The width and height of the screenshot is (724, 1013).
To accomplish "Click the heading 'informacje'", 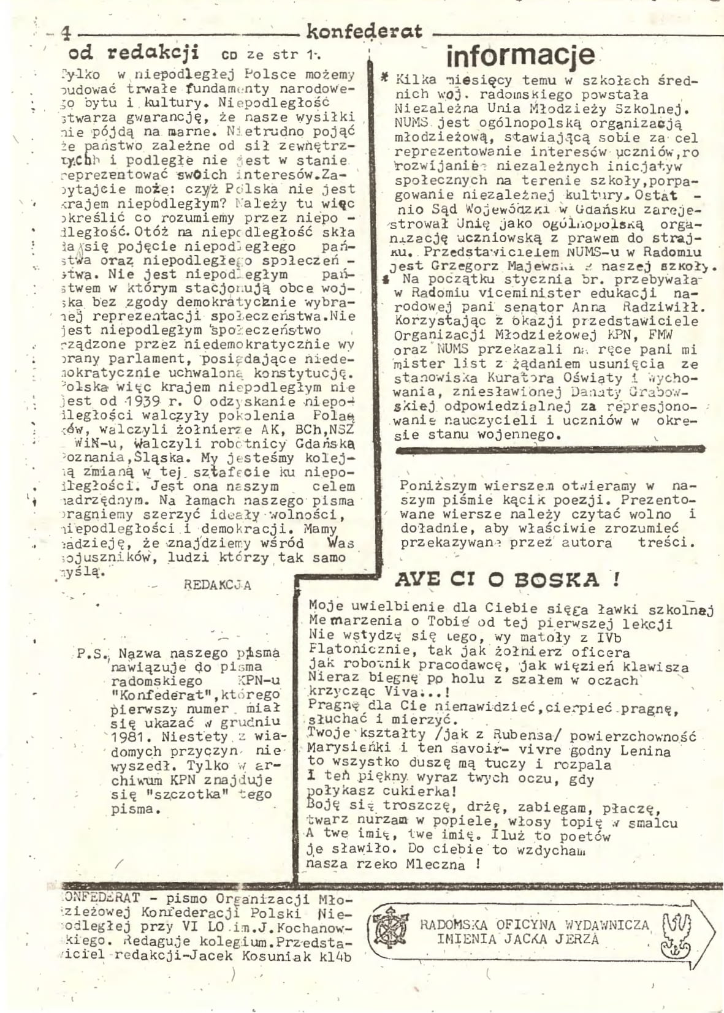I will tap(520, 56).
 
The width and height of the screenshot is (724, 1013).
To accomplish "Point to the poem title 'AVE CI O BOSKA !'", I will tap(506, 580).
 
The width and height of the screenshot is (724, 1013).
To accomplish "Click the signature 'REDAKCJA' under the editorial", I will tap(217, 585).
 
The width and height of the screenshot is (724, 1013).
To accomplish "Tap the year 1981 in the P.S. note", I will tap(132, 737).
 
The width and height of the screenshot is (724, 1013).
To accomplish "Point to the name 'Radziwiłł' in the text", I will tap(650, 308).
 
